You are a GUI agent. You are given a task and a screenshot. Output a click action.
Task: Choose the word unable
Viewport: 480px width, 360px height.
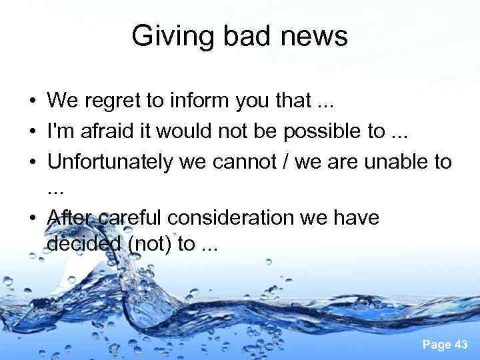[x=399, y=161]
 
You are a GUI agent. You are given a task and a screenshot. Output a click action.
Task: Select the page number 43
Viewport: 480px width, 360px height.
[x=460, y=344]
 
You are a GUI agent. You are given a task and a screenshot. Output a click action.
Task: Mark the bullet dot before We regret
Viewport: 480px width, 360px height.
[x=32, y=102]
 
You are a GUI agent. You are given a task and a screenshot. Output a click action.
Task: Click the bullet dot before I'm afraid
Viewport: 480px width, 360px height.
[x=32, y=132]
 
